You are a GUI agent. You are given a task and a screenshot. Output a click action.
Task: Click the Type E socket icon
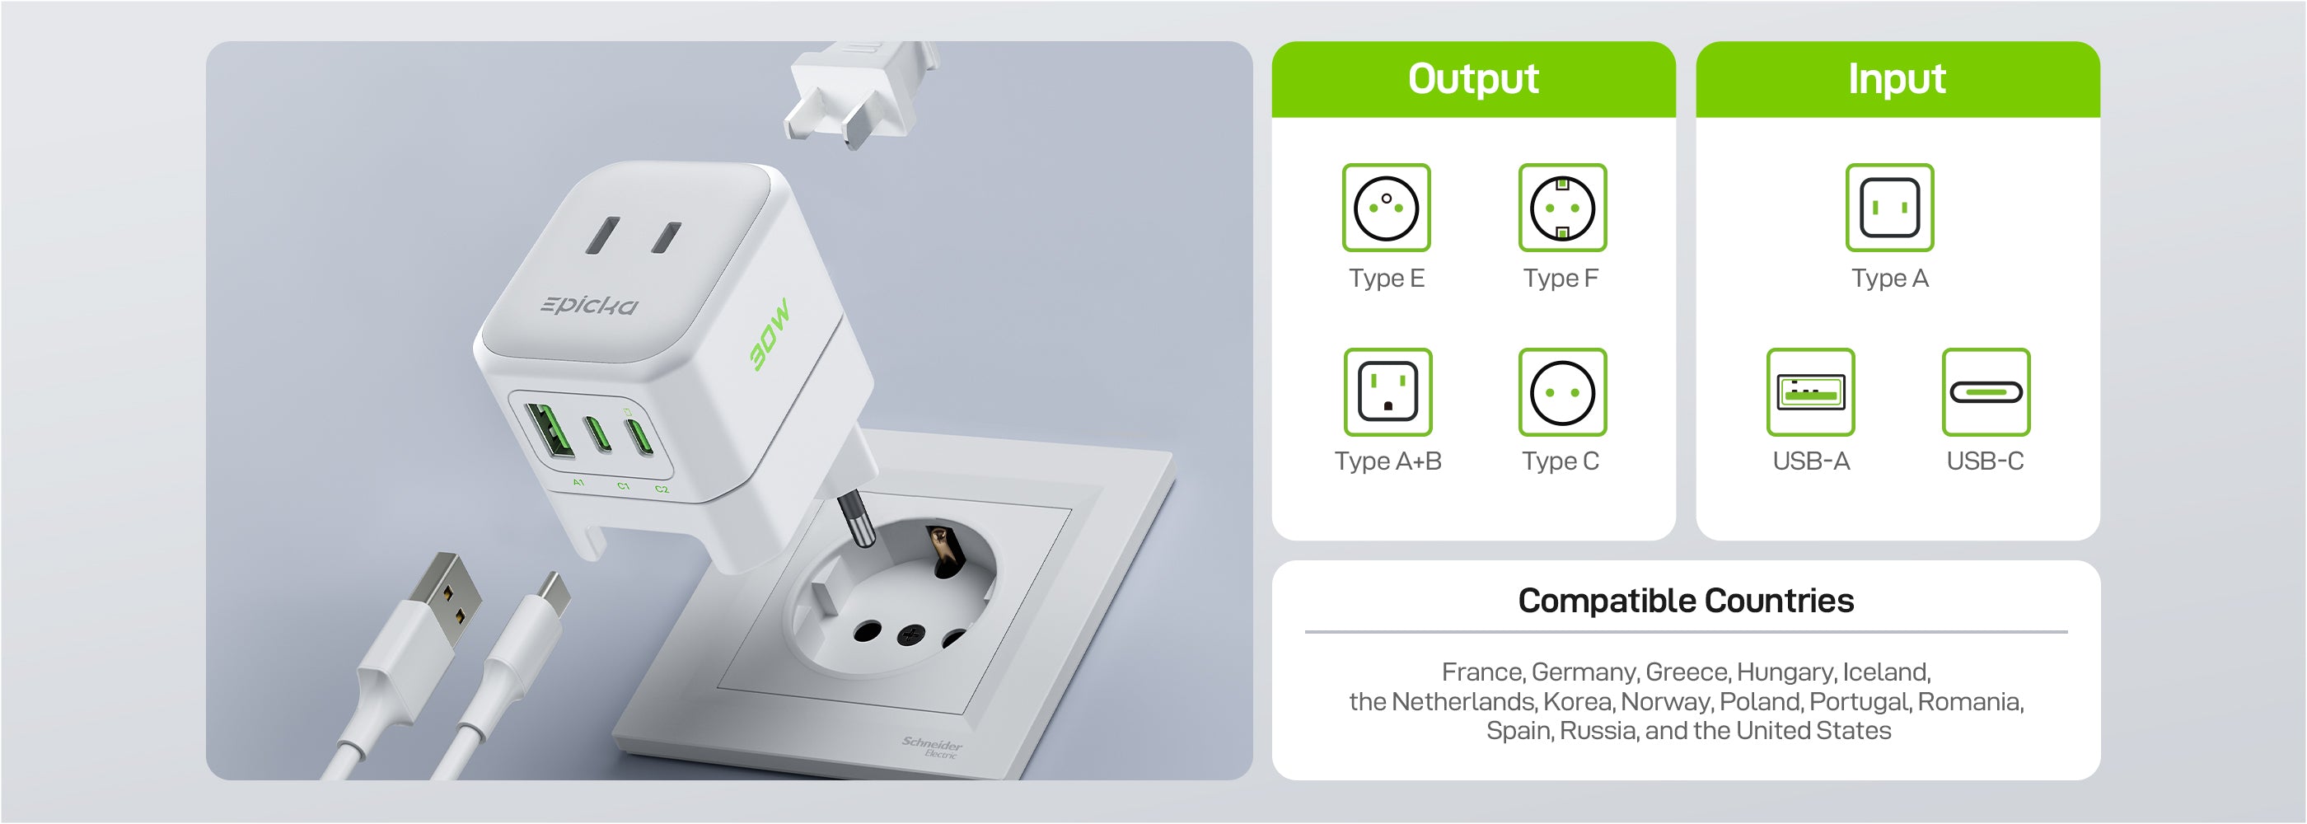pyautogui.click(x=1387, y=208)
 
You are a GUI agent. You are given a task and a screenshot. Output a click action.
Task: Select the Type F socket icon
pyautogui.click(x=1563, y=208)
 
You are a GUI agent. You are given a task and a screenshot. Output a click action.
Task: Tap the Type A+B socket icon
pyautogui.click(x=1387, y=392)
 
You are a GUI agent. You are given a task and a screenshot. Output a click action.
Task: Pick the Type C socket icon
pyautogui.click(x=1563, y=392)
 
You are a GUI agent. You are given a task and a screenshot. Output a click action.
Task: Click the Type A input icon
pyautogui.click(x=1889, y=208)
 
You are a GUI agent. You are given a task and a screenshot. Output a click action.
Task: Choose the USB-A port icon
pyautogui.click(x=1811, y=392)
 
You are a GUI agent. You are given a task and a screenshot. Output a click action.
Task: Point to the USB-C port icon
pyautogui.click(x=1986, y=392)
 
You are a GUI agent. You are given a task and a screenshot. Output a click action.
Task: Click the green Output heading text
pyautogui.click(x=1473, y=79)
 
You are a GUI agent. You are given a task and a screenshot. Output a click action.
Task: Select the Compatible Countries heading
pyautogui.click(x=1686, y=601)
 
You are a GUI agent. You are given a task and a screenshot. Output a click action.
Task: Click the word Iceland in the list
pyautogui.click(x=1886, y=672)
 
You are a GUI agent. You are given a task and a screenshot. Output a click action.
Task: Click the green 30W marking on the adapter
pyautogui.click(x=770, y=333)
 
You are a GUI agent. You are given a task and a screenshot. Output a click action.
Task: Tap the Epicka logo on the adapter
pyautogui.click(x=589, y=306)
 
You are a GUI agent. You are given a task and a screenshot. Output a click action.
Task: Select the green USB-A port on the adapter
pyautogui.click(x=549, y=432)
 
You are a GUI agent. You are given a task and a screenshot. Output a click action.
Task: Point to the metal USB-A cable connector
pyautogui.click(x=445, y=595)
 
